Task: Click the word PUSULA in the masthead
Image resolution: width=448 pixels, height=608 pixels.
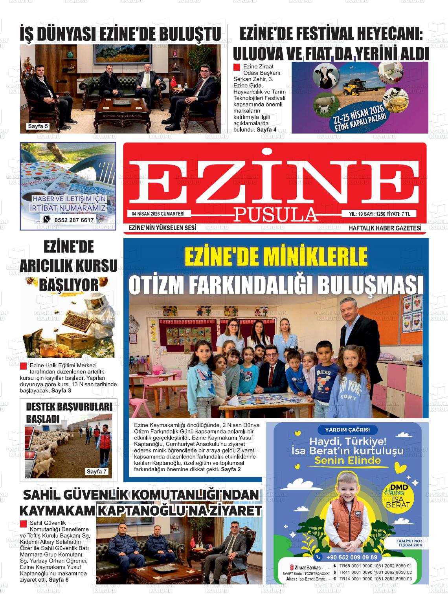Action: tap(276, 214)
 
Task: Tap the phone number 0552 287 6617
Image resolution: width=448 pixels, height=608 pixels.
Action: tap(74, 220)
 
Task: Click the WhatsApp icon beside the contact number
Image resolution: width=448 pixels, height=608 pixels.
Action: tap(47, 219)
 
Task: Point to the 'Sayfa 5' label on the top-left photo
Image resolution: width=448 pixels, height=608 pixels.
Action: tap(38, 126)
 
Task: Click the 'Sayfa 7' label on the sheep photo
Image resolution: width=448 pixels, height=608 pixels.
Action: tap(97, 471)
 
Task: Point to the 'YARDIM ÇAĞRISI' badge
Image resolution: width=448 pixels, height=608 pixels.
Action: tap(347, 430)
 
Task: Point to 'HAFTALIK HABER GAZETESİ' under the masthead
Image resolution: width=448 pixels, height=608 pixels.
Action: tap(385, 228)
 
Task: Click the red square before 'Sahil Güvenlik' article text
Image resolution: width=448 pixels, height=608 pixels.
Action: tap(23, 524)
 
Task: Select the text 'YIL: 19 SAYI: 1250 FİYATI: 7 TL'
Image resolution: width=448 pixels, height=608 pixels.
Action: tap(380, 214)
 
